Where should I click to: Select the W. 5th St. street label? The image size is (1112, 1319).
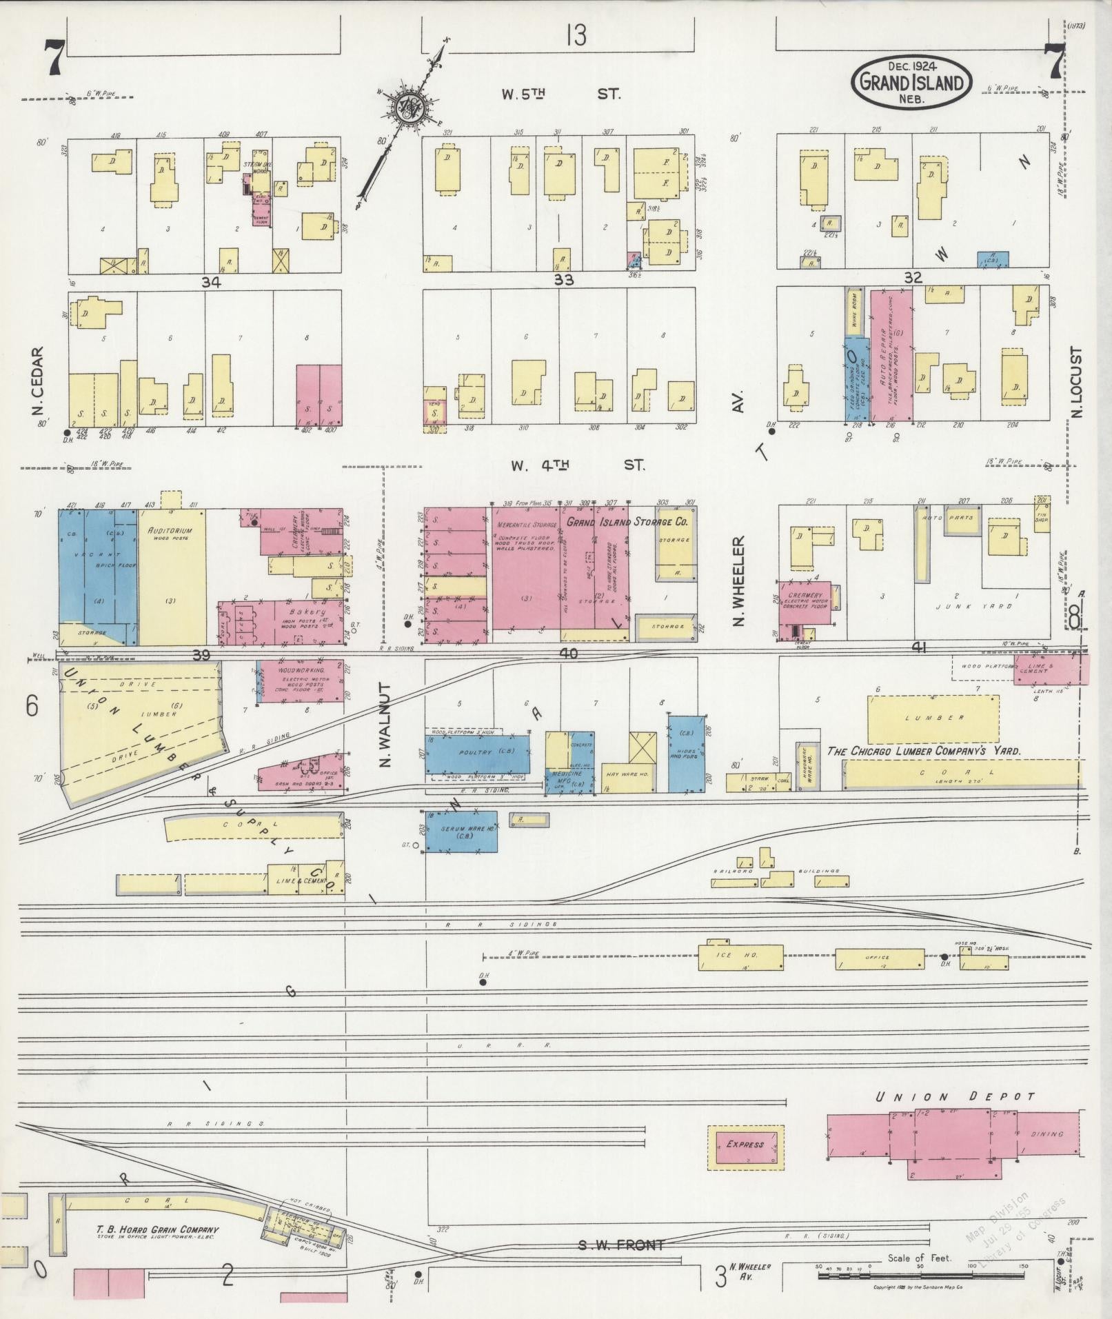click(x=560, y=94)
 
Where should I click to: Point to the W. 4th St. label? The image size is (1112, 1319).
click(x=578, y=465)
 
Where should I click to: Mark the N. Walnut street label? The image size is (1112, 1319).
click(x=384, y=725)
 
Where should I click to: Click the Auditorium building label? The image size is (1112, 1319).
click(x=170, y=531)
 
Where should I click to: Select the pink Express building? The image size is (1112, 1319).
click(x=745, y=1145)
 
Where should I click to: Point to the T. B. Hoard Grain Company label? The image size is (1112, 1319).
click(x=157, y=1229)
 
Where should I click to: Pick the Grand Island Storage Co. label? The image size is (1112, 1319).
click(x=627, y=522)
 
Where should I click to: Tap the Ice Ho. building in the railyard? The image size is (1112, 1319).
click(x=740, y=957)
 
